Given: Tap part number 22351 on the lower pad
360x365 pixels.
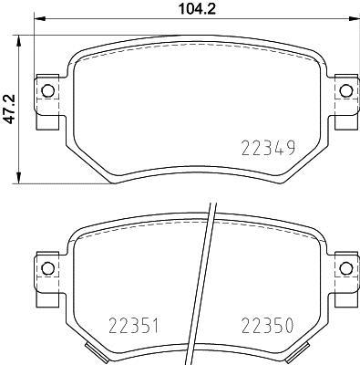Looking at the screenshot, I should click(x=136, y=325).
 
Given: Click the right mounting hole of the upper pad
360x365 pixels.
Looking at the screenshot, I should click(x=345, y=89).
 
